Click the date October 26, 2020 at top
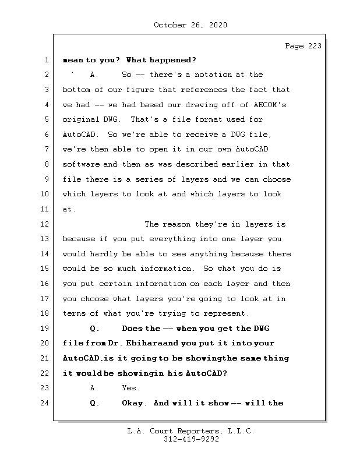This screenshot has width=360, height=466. [190, 25]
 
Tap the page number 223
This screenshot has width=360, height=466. [313, 46]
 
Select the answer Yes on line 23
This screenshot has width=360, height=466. [130, 387]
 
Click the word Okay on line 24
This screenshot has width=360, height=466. [135, 403]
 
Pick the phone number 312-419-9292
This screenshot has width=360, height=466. [190, 440]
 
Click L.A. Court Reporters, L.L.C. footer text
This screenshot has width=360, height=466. [190, 431]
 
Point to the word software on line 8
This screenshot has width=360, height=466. [81, 164]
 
